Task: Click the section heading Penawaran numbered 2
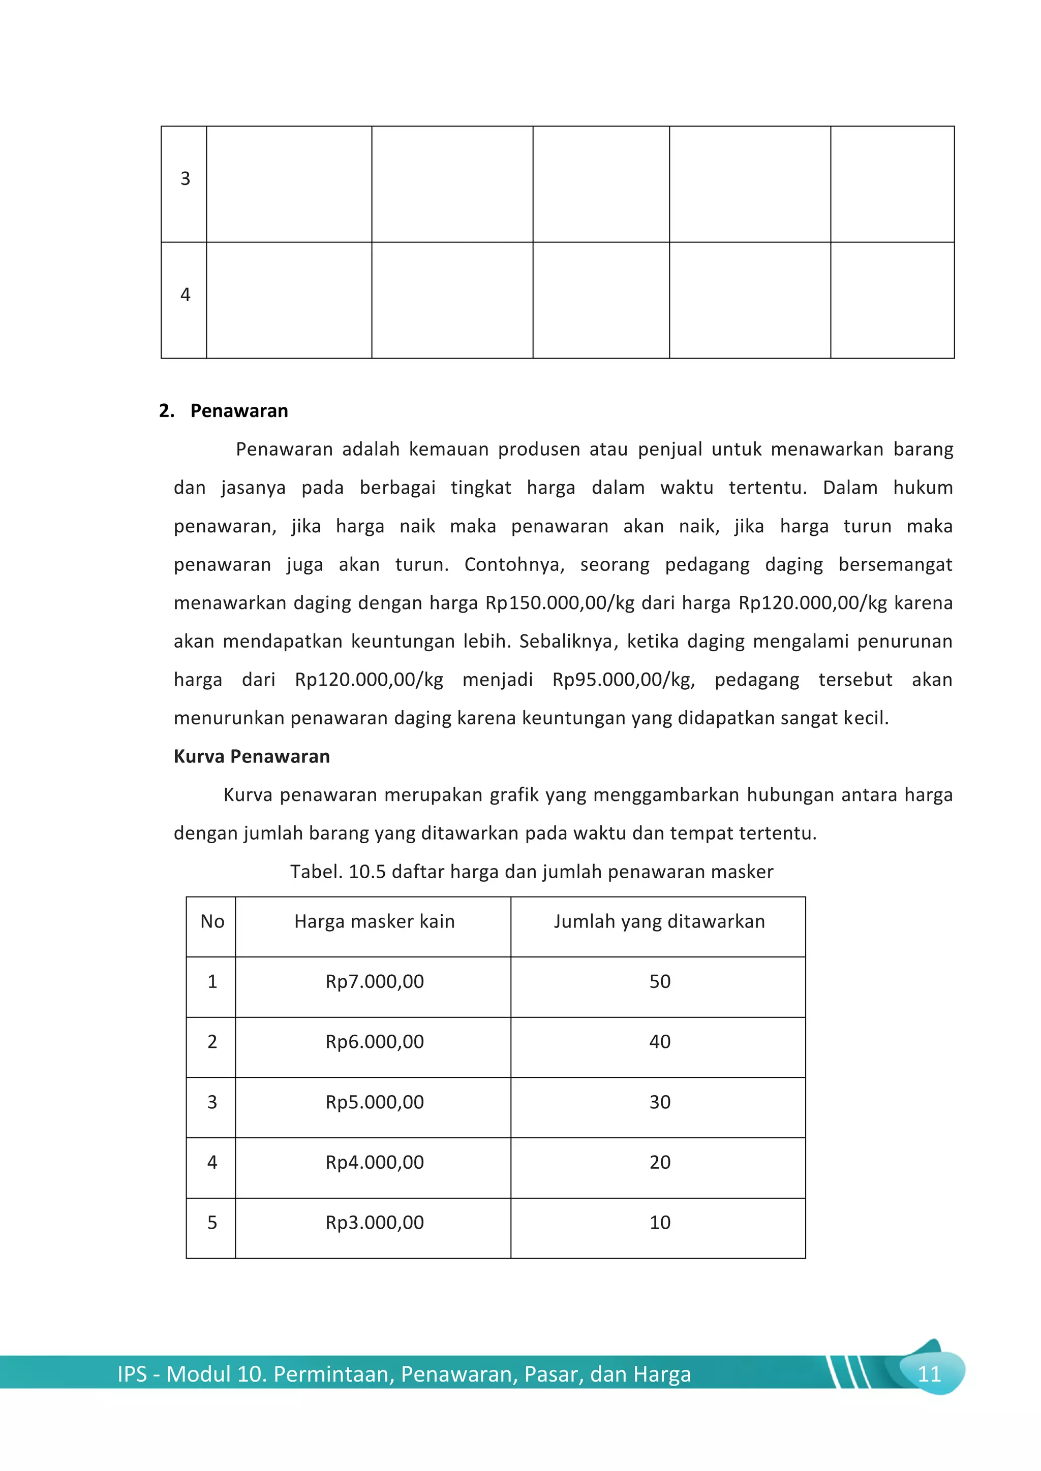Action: tap(238, 411)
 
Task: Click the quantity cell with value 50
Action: tap(660, 981)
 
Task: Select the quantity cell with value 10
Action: tap(660, 1223)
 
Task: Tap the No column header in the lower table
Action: tap(212, 921)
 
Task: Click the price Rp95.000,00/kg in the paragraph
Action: tap(623, 680)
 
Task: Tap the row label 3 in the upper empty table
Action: tap(185, 179)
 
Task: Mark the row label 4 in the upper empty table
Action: tap(185, 295)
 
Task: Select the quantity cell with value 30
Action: tap(660, 1102)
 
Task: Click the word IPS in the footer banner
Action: tap(132, 1374)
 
